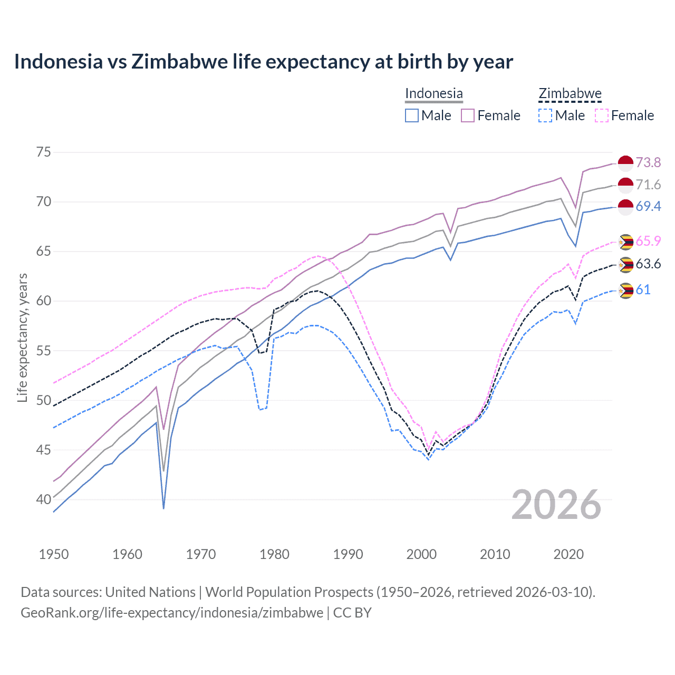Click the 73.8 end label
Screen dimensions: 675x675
[648, 162]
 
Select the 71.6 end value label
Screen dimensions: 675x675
[648, 185]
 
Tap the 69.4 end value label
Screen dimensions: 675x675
[648, 206]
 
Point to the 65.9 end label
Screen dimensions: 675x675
[648, 241]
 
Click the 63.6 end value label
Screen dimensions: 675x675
[648, 264]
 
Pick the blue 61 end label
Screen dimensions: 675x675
[643, 290]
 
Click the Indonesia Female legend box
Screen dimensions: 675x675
[468, 115]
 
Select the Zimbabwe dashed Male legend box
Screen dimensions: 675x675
[545, 115]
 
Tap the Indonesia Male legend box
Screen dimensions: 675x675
[412, 115]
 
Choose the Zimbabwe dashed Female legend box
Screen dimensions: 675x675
[602, 115]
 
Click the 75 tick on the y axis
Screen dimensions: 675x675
[44, 152]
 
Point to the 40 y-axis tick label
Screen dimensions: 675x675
[44, 499]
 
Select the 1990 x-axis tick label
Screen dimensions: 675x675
[348, 554]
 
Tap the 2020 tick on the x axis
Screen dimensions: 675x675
[568, 554]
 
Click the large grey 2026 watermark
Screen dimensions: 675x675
[556, 505]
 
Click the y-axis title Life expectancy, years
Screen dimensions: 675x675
[22, 337]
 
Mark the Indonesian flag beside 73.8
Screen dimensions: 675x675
[625, 163]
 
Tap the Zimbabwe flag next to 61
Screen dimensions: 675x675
[625, 291]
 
